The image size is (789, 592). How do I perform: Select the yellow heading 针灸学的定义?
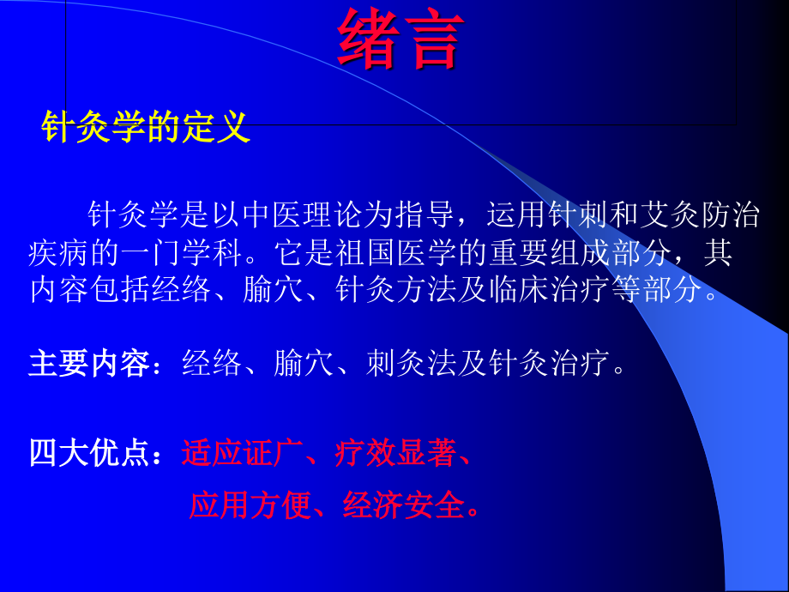(146, 128)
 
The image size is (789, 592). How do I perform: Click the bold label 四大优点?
(89, 452)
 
